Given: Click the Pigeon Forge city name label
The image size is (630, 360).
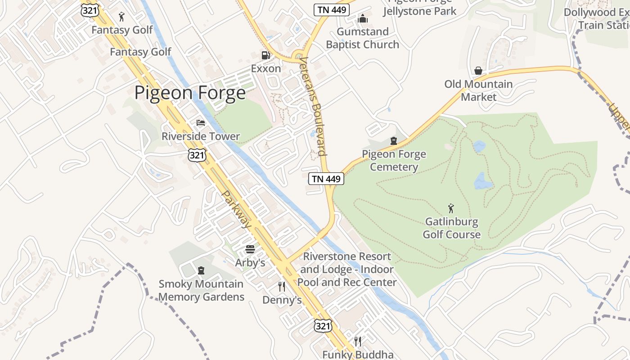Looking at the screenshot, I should pos(190,93).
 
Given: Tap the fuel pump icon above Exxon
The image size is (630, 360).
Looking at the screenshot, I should pos(266,55).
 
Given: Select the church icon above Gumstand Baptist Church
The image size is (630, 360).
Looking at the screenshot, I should pos(363,18).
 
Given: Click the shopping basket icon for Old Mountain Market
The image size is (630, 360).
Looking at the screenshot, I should pos(478,71).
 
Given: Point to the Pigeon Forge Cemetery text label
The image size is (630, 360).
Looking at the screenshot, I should pos(394,161).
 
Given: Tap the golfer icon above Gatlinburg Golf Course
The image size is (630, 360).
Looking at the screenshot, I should pos(451,208).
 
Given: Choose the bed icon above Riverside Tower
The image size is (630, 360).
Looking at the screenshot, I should pos(201,123).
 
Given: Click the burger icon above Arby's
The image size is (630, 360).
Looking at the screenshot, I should pos(250,249).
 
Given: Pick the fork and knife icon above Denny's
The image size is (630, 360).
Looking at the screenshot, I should pos(282,287).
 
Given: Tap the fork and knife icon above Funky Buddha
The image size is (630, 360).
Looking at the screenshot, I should pos(358,341).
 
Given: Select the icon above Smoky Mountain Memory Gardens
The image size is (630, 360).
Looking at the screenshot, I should pos(201,270).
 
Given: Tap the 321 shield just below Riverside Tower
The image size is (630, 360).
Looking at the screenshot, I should pos(198,155).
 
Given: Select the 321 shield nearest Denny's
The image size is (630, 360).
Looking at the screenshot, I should pos(323,326).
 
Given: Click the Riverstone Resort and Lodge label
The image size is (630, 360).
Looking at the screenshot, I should pos(346,269).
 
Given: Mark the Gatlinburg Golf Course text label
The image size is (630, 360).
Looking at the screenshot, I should pos(451,228).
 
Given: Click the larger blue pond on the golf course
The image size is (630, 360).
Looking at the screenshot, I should pos(483,181).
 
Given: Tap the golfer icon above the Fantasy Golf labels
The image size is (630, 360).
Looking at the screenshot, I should pos(121,17).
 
